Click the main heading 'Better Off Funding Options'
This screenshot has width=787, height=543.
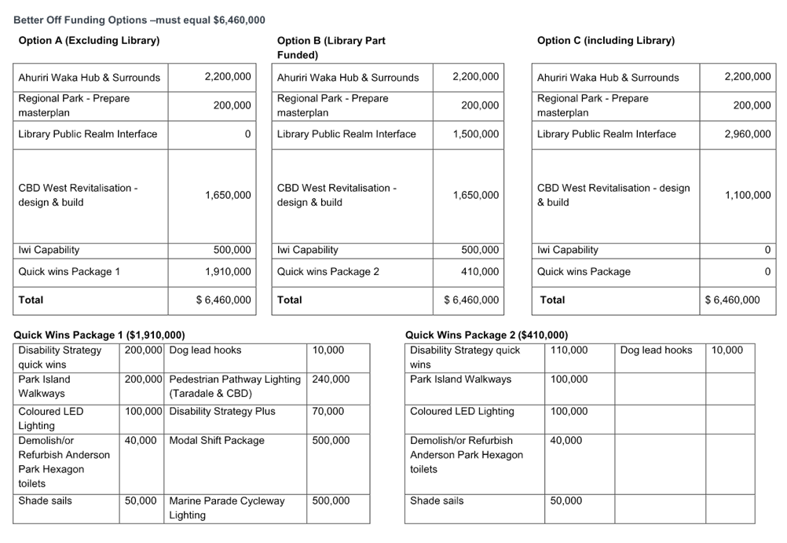click(80, 20)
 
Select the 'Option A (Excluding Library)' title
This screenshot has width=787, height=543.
click(89, 41)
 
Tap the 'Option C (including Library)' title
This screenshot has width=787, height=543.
click(606, 41)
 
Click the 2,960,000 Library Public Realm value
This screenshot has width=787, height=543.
click(748, 134)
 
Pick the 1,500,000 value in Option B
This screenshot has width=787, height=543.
click(476, 134)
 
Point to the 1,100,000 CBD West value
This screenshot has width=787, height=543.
click(748, 195)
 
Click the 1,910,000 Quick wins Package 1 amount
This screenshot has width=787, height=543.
click(228, 272)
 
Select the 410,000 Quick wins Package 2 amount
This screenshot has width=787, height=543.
click(481, 272)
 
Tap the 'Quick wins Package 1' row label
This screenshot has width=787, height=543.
click(69, 272)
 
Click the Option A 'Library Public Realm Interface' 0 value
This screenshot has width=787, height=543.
click(248, 134)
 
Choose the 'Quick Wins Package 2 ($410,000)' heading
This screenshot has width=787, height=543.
click(486, 335)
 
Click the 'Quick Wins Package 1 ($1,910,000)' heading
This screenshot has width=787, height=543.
click(99, 335)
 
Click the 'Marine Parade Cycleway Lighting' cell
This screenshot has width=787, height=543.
click(227, 508)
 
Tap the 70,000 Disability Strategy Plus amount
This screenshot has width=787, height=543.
click(328, 412)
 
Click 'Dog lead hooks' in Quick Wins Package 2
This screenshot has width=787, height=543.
click(656, 350)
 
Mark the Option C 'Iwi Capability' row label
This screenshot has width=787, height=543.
click(568, 250)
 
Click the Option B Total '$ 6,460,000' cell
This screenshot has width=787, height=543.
click(471, 300)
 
